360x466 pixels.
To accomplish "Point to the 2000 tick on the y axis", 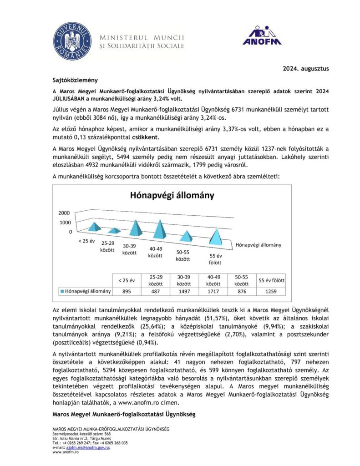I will [x=65, y=213].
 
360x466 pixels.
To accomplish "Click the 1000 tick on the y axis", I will [x=65, y=223].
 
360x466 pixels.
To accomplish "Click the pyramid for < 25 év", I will [x=94, y=226].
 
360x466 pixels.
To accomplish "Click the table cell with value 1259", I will [x=271, y=291].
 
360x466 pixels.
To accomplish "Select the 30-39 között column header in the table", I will [x=184, y=279].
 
